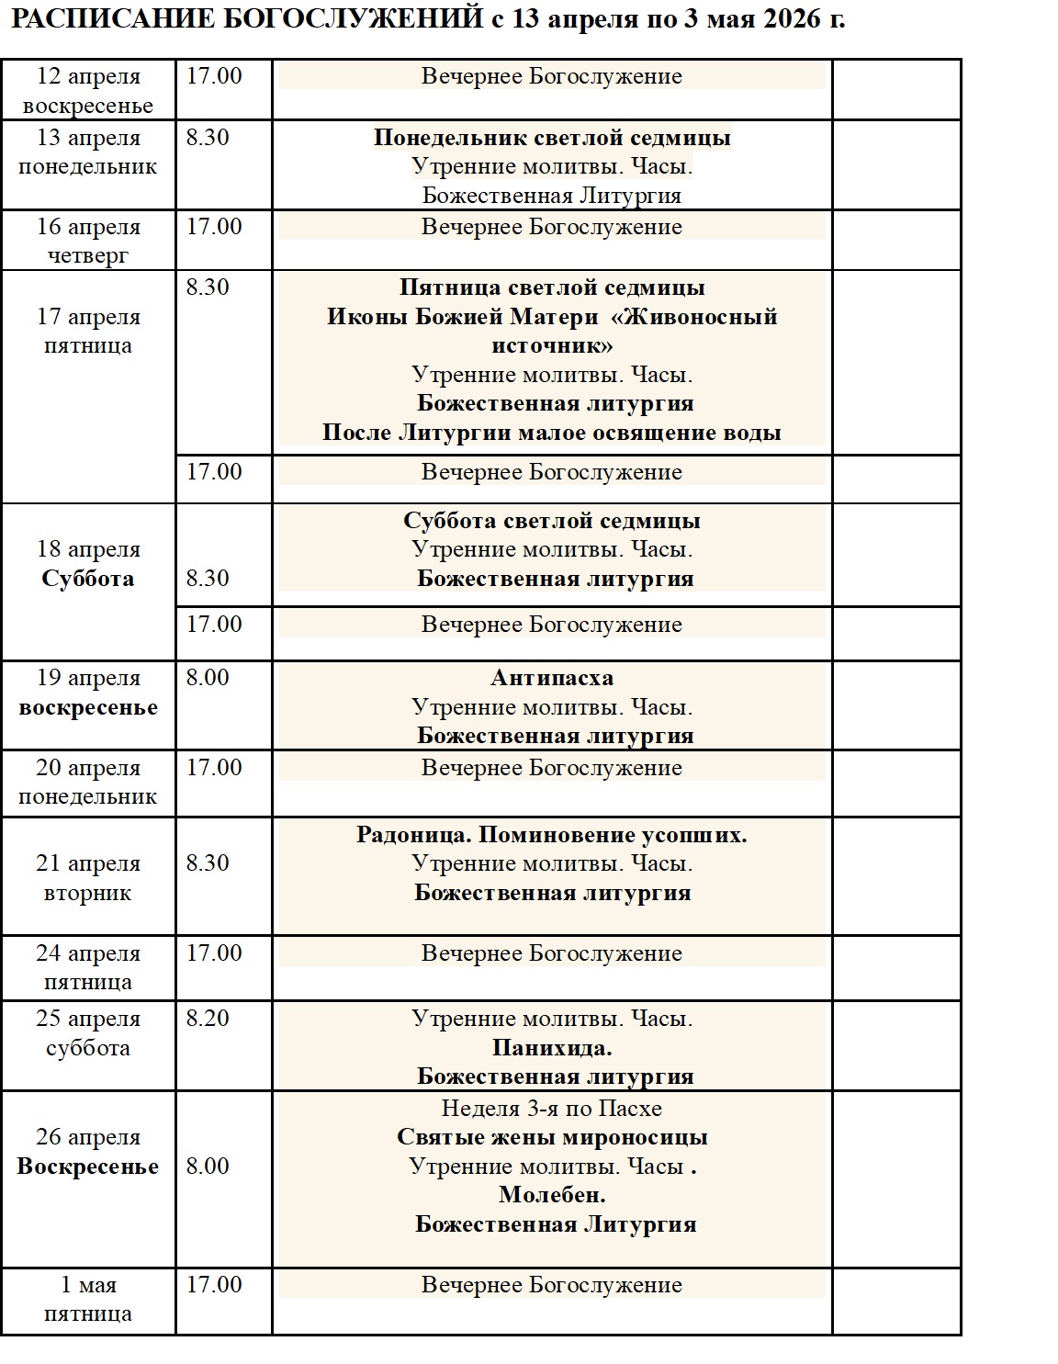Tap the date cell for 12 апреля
click(x=88, y=90)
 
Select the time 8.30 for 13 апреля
click(x=208, y=138)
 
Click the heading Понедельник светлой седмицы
click(x=552, y=138)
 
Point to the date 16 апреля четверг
click(x=88, y=241)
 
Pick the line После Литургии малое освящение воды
click(x=552, y=433)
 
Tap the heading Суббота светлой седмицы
click(x=552, y=521)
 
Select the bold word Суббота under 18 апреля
click(x=88, y=579)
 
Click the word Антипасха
click(x=552, y=678)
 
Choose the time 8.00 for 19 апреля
click(x=208, y=678)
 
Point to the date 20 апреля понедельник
click(x=88, y=782)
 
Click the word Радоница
click(x=414, y=835)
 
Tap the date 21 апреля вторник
click(x=88, y=878)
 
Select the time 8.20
click(x=208, y=1019)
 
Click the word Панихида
click(x=552, y=1048)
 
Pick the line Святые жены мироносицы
click(x=552, y=1137)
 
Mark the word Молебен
click(x=552, y=1195)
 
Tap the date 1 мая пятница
click(x=88, y=1299)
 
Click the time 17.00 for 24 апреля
click(x=214, y=953)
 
